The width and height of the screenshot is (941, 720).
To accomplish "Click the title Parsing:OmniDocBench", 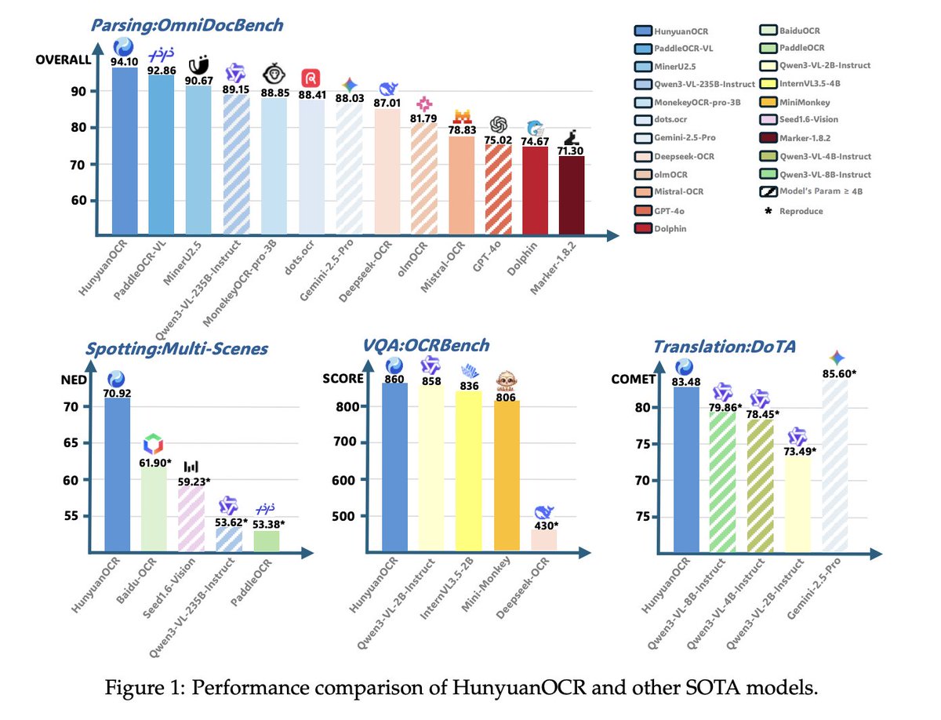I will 187,25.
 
